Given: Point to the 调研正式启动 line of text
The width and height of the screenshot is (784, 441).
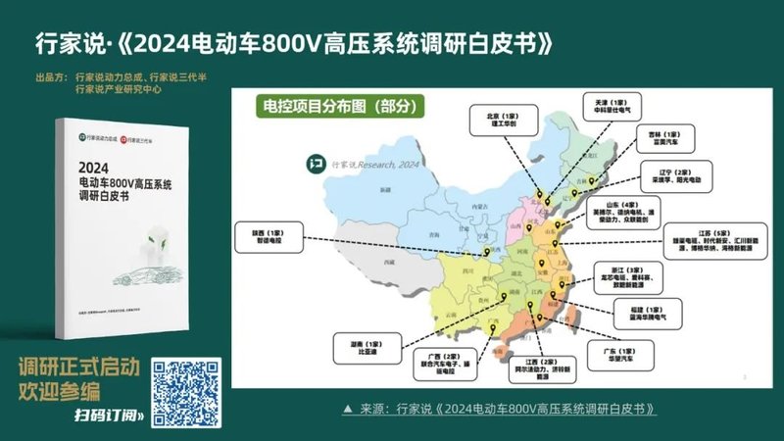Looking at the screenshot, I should [x=79, y=367].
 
